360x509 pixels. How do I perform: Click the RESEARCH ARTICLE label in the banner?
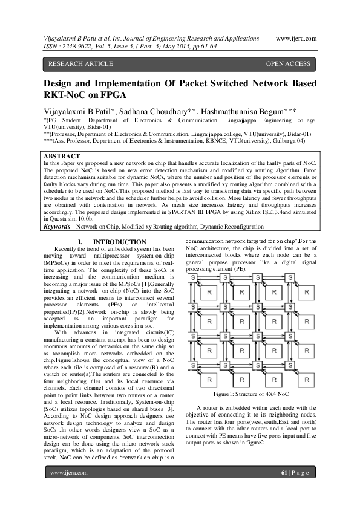pyautogui.click(x=80, y=63)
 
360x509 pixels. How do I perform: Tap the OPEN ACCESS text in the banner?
pyautogui.click(x=288, y=63)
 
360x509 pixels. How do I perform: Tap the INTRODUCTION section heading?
pyautogui.click(x=120, y=242)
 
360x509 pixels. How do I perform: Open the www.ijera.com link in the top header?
pyautogui.click(x=296, y=37)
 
